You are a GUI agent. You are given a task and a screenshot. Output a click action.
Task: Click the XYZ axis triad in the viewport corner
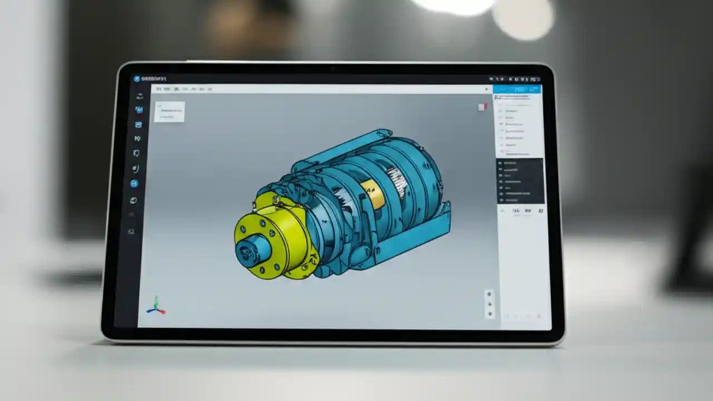click(155, 306)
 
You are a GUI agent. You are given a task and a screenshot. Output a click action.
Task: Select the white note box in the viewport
click(169, 111)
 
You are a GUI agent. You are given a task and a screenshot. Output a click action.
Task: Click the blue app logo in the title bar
click(136, 79)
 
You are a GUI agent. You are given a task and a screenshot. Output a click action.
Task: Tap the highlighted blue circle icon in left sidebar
click(134, 183)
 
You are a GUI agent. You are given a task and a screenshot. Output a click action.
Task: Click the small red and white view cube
click(482, 107)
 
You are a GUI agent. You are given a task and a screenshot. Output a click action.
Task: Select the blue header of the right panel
click(516, 89)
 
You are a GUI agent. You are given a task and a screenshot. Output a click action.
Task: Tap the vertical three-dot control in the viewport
click(490, 304)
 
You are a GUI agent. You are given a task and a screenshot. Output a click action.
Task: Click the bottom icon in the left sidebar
click(131, 231)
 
